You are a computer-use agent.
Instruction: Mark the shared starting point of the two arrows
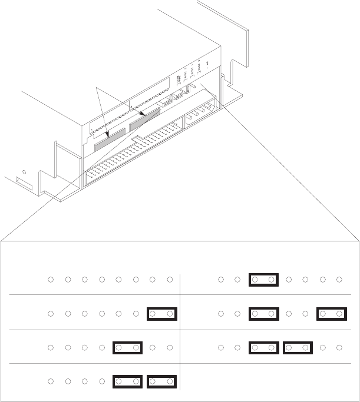pyautogui.click(x=97, y=87)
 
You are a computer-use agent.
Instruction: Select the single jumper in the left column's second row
pyautogui.click(x=161, y=314)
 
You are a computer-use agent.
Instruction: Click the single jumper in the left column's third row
pyautogui.click(x=127, y=348)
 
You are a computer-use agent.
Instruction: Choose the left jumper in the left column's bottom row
pyautogui.click(x=127, y=382)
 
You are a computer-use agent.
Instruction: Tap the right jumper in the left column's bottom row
pyautogui.click(x=161, y=382)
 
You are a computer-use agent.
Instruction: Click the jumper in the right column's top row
pyautogui.click(x=263, y=280)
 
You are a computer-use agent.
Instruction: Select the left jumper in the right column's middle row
pyautogui.click(x=263, y=314)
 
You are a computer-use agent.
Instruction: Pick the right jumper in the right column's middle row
pyautogui.click(x=330, y=314)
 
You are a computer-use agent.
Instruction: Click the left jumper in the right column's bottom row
pyautogui.click(x=263, y=348)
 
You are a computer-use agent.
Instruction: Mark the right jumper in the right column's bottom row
pyautogui.click(x=297, y=348)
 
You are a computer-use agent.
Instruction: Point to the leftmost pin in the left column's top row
pyautogui.click(x=51, y=280)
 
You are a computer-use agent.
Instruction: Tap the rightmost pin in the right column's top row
pyautogui.click(x=339, y=280)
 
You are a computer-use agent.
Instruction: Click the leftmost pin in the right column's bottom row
pyautogui.click(x=220, y=348)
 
